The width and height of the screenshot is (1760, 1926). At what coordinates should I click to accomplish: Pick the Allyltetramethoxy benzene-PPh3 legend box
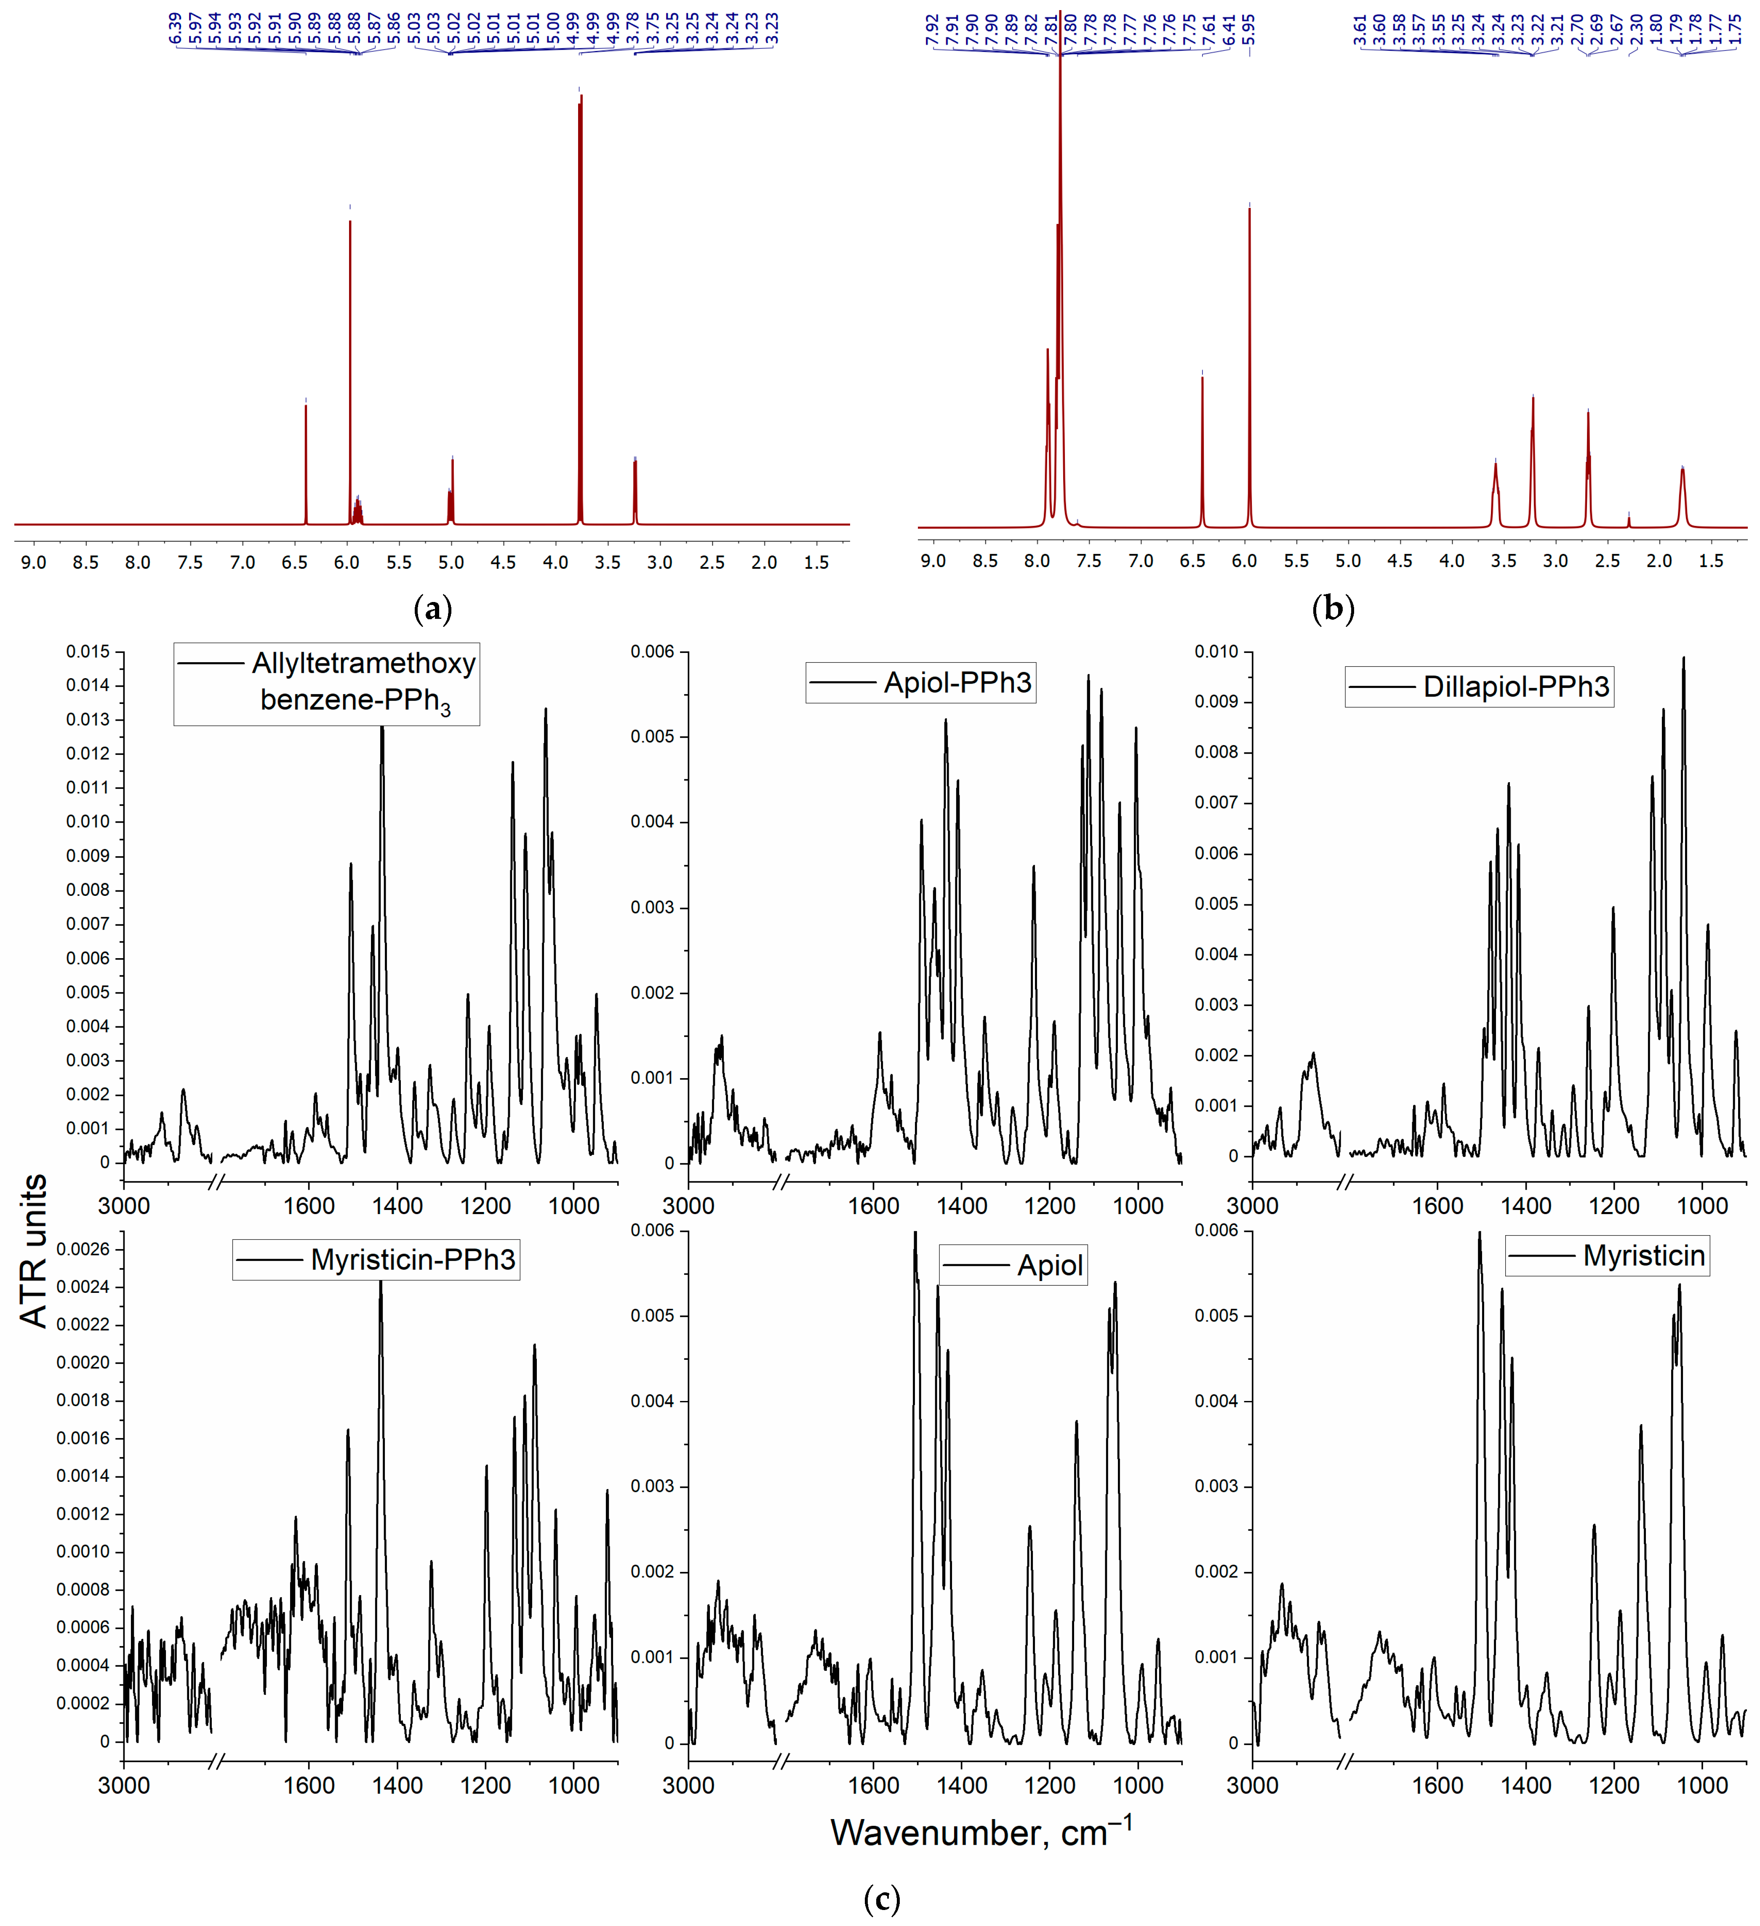click(327, 683)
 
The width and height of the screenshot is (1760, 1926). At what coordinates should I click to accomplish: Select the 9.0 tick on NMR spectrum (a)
click(33, 563)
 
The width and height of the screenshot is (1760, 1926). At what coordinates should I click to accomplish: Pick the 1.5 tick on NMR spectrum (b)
click(1711, 561)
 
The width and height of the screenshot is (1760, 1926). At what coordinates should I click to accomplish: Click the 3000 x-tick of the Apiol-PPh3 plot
click(688, 1206)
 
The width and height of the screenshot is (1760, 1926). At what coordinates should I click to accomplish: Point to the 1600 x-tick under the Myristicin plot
click(1437, 1785)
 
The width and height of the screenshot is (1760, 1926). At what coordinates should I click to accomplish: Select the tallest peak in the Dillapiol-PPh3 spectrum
click(1683, 659)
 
